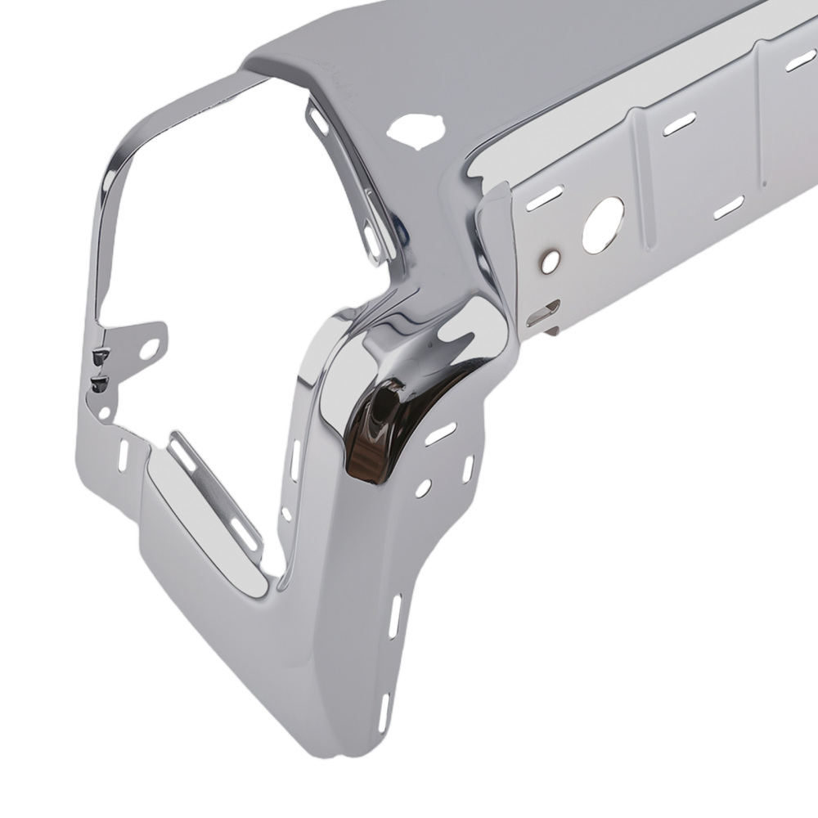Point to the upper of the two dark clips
(101, 355)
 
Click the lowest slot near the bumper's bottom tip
(384, 710)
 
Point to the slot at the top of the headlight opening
(318, 121)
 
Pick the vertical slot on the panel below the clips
(124, 454)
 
